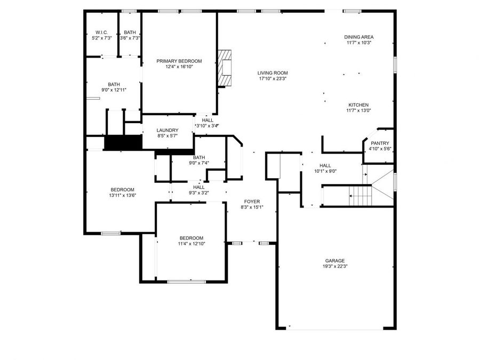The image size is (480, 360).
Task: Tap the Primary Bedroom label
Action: click(179, 61)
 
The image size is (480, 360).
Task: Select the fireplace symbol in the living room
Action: click(226, 68)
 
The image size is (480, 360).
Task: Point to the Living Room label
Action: click(273, 73)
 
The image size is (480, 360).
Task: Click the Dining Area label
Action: click(358, 37)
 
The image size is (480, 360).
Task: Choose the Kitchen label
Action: click(358, 105)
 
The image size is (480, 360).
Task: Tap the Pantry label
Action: click(380, 143)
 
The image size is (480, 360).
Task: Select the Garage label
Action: click(335, 261)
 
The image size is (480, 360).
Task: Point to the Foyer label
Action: click(252, 202)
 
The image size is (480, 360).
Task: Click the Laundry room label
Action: click(167, 130)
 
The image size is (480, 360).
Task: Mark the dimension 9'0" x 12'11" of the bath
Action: click(114, 90)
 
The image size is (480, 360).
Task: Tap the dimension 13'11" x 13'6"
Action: click(122, 195)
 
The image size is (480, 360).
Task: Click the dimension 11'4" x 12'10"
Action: click(191, 244)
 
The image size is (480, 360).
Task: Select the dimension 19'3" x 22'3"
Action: click(335, 267)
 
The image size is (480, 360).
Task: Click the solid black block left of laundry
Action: click(122, 143)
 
